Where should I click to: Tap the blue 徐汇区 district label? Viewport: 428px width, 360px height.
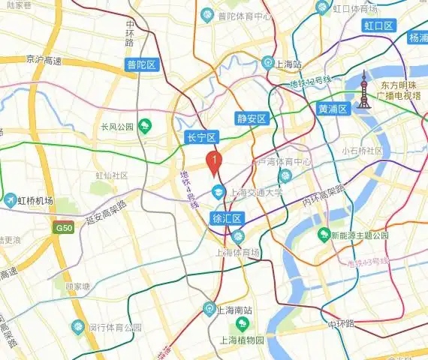(x=227, y=219)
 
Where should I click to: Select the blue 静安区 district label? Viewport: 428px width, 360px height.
(x=252, y=118)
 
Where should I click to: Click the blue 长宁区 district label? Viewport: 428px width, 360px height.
(x=201, y=137)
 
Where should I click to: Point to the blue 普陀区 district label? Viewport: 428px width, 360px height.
(x=141, y=65)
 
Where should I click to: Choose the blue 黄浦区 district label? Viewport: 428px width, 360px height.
(x=333, y=109)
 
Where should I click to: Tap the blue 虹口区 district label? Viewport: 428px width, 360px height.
(x=379, y=26)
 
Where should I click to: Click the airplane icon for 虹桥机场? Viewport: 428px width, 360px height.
(x=10, y=200)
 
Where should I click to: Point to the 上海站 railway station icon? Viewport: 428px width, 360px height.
(x=268, y=63)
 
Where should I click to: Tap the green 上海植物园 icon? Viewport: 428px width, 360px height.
(x=242, y=324)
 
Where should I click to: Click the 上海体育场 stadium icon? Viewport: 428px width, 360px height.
(x=239, y=237)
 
